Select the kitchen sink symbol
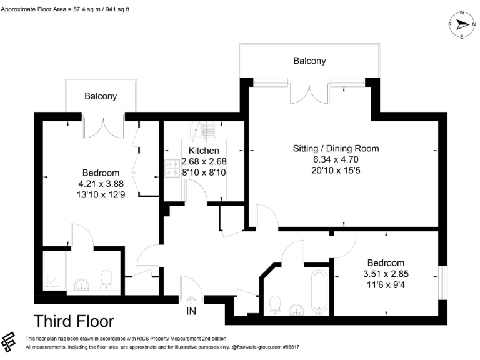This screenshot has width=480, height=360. [204, 130]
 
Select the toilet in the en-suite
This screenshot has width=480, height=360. [106, 281]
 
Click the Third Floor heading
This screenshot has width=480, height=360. [74, 321]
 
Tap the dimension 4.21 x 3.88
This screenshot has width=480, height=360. [101, 184]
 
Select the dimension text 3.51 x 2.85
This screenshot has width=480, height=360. [386, 274]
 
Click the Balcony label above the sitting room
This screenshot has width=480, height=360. [309, 61]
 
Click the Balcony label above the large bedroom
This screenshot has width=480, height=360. [101, 96]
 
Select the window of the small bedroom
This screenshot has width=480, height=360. [443, 282]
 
